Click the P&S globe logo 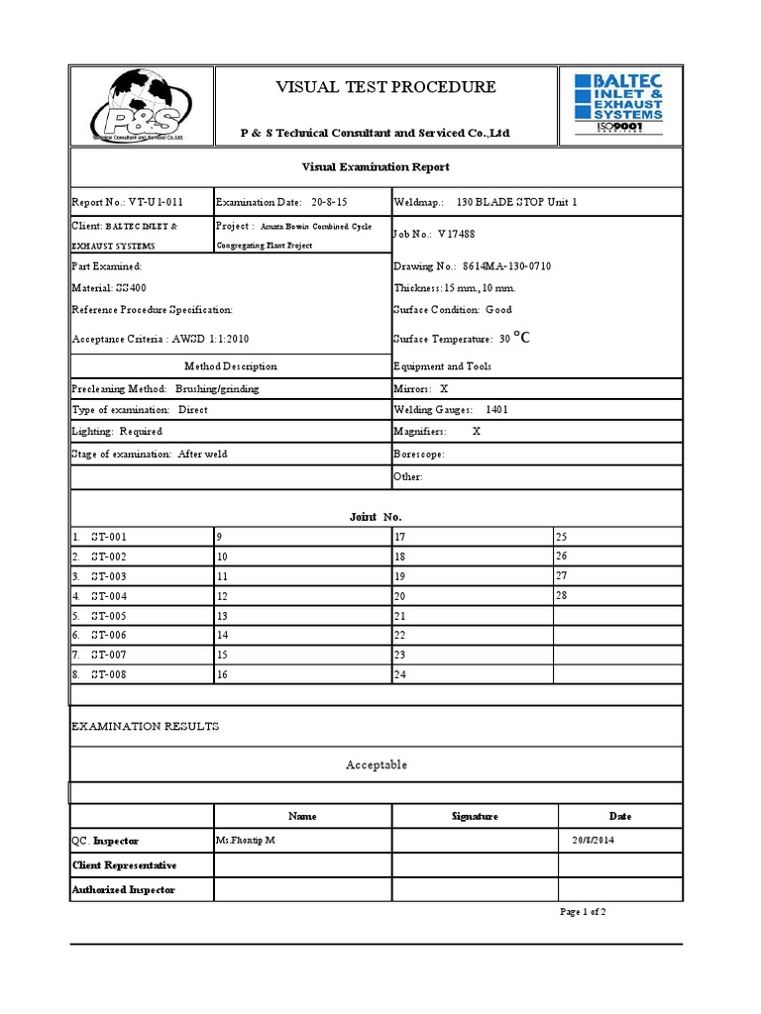(141, 106)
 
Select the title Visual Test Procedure (385, 87)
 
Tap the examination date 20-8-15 (329, 202)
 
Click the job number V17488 (457, 236)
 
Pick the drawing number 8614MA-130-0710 (506, 267)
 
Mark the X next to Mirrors (444, 389)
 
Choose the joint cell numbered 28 (562, 595)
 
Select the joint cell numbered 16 (223, 675)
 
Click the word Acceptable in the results (376, 764)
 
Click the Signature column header (475, 816)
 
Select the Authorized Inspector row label (123, 889)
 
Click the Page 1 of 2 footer (583, 912)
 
